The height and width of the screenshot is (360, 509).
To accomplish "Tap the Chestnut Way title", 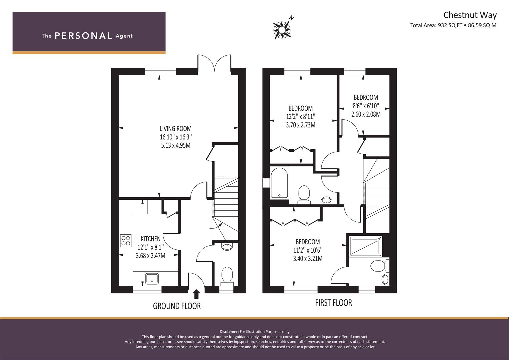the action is tap(470, 15).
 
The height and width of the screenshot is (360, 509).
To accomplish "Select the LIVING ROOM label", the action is tap(176, 129).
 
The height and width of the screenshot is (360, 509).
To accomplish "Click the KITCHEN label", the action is tap(151, 239).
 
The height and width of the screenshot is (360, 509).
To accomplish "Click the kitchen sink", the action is tap(152, 279).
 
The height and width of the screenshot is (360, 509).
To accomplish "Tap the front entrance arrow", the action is tap(197, 294).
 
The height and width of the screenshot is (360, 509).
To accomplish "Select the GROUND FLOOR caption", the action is tap(177, 306).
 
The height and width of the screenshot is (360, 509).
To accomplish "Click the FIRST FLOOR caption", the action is tap(334, 303).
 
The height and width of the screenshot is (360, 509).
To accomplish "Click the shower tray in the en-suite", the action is tap(365, 246).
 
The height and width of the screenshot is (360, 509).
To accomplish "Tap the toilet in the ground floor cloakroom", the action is tap(227, 276).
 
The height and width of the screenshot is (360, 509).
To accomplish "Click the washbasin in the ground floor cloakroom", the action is tap(227, 247).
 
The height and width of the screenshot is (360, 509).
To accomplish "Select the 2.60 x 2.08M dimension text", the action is tap(366, 114).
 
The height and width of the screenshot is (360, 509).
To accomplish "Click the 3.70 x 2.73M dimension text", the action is tap(301, 125).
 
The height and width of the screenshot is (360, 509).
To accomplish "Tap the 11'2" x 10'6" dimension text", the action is tap(308, 250).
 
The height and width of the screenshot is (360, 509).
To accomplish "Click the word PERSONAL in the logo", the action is tap(83, 36).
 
